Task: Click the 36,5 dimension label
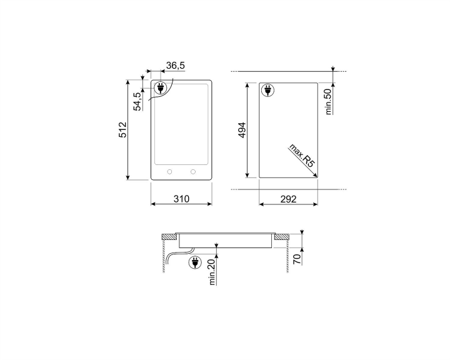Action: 175,66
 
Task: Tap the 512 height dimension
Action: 123,130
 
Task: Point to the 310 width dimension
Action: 181,199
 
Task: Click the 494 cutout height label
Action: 242,130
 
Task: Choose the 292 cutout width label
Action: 288,199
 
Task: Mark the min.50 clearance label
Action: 327,100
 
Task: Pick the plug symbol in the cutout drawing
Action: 267,91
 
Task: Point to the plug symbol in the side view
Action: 195,262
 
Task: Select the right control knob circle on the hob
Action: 193,171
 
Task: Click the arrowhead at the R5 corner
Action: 316,177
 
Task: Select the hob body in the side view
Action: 225,241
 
